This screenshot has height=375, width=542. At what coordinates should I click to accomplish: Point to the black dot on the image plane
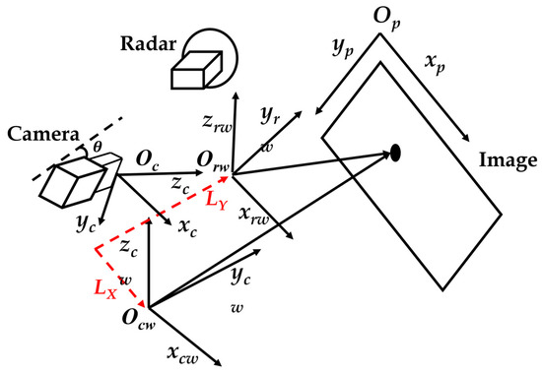click(395, 152)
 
